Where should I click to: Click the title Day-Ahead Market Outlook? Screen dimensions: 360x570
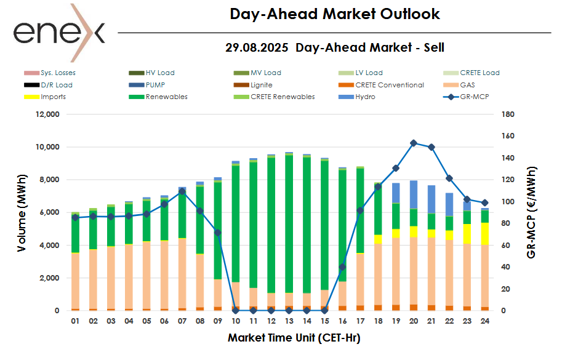click(335, 14)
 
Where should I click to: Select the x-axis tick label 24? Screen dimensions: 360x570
click(484, 321)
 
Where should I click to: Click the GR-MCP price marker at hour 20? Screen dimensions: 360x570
click(414, 143)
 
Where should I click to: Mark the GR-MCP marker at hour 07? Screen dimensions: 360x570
click(182, 191)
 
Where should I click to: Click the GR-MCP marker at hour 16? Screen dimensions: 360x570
click(342, 267)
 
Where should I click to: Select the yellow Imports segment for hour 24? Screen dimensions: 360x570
click(484, 234)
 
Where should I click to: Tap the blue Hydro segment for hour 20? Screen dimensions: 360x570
click(414, 194)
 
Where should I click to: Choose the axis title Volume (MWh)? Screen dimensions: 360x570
click(22, 213)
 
